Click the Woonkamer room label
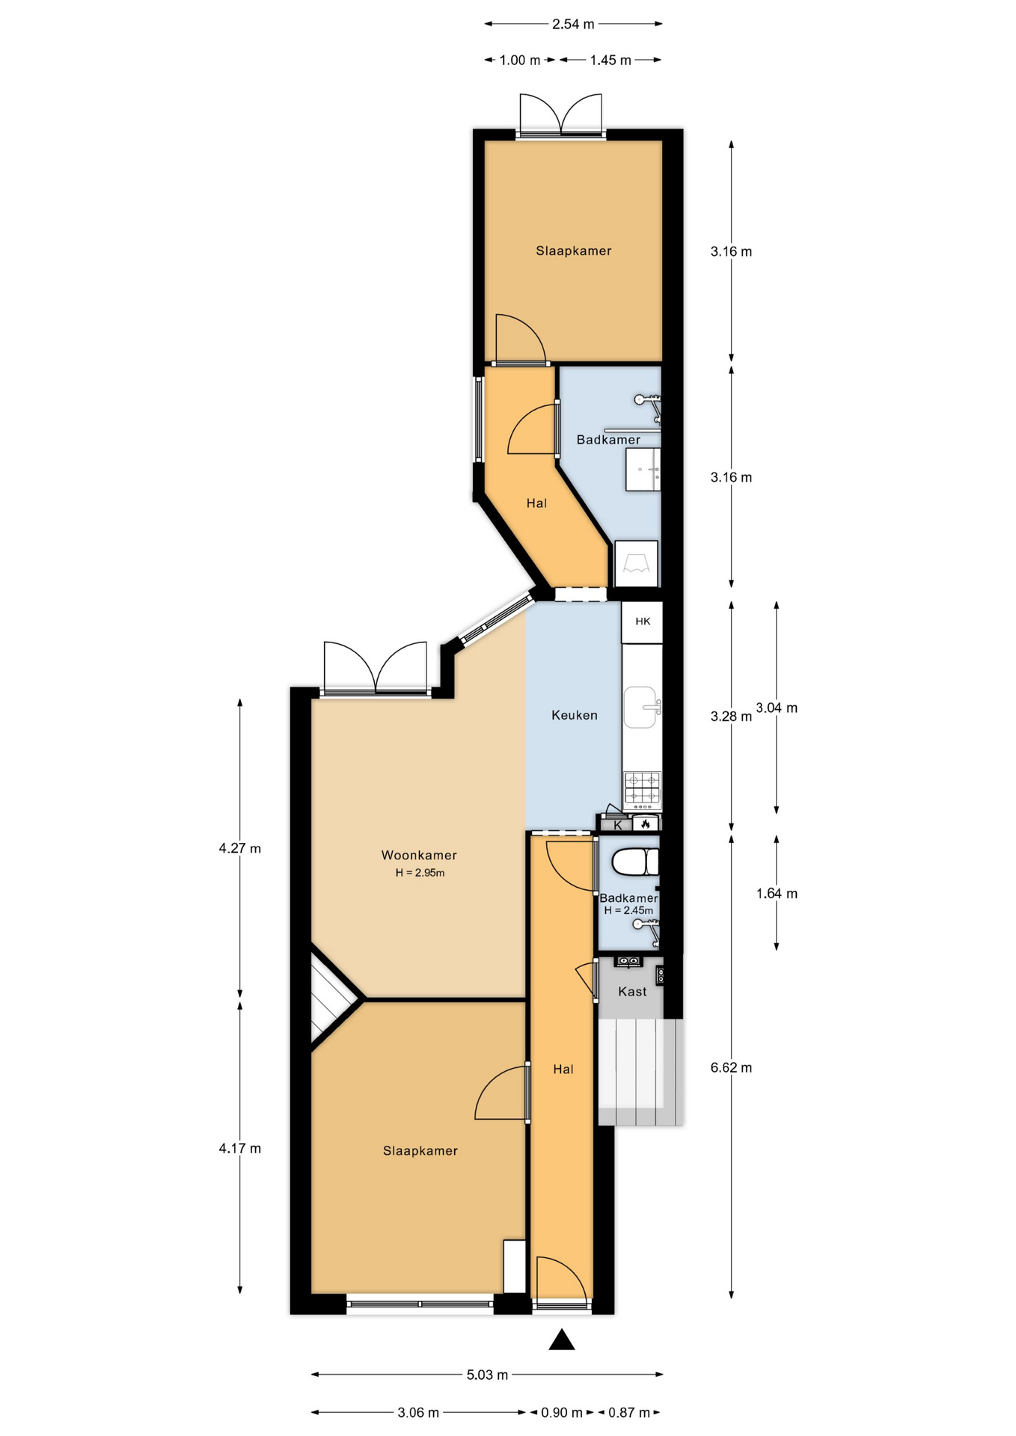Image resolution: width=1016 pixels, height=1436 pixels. [x=419, y=855]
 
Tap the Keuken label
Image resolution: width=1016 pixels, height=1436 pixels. [x=575, y=715]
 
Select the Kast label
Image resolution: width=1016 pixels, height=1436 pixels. [x=632, y=992]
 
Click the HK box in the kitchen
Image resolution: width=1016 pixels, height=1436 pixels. [x=643, y=622]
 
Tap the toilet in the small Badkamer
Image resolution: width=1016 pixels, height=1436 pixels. [x=635, y=862]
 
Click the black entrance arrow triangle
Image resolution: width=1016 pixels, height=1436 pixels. [x=562, y=1340]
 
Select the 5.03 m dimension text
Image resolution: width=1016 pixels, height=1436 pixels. [x=487, y=1375]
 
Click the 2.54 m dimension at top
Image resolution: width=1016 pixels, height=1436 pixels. [x=573, y=24]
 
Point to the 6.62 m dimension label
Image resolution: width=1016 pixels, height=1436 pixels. [x=731, y=1068]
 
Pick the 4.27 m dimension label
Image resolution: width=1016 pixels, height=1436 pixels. [x=240, y=848]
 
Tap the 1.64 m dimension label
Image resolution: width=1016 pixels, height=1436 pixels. [x=777, y=893]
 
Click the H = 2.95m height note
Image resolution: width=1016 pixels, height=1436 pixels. [x=420, y=873]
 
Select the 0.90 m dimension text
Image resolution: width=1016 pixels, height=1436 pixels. [x=562, y=1413]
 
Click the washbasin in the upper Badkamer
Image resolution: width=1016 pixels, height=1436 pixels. [x=643, y=470]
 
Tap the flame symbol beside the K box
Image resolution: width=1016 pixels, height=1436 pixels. [x=645, y=823]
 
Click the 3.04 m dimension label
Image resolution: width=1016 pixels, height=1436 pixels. [x=777, y=708]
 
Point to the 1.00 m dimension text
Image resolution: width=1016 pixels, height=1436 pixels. [x=520, y=60]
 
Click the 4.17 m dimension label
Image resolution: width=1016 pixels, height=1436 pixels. [x=240, y=1148]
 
